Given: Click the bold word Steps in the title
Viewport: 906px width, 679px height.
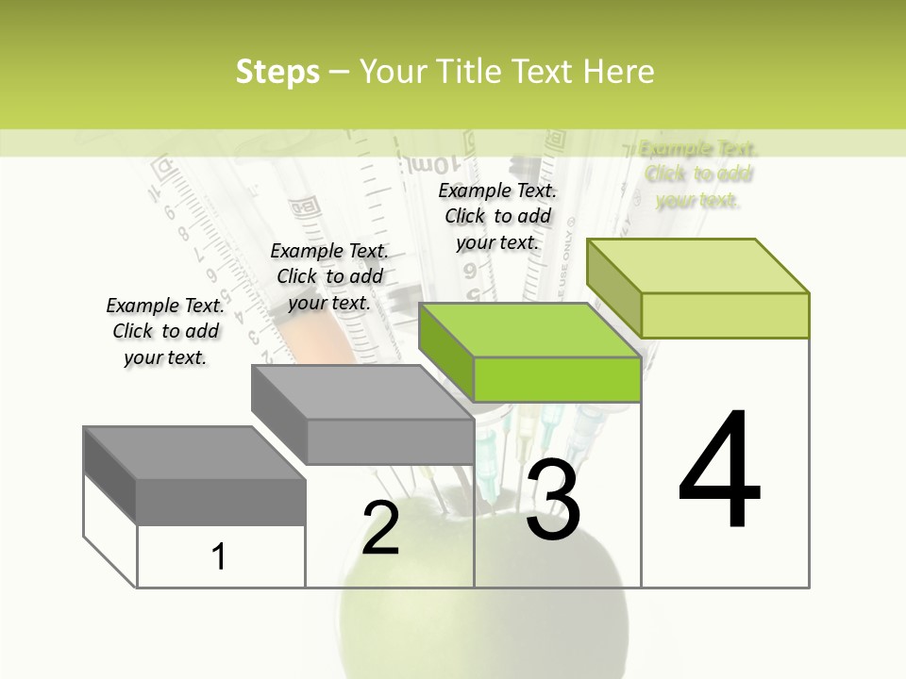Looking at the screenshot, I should (277, 72).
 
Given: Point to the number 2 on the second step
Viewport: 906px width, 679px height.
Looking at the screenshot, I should (380, 528).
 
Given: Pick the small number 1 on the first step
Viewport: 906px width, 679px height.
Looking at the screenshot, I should (219, 556).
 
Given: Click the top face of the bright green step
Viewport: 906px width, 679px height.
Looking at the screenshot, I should (528, 331).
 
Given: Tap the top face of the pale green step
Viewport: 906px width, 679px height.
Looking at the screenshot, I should (697, 266).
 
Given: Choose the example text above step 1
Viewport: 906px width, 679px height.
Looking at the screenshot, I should (165, 331).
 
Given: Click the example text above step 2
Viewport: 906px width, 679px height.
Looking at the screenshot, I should (329, 276).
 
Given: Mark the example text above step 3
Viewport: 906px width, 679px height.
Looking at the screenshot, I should (497, 216).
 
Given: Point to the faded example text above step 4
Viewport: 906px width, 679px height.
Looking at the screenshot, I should (697, 174).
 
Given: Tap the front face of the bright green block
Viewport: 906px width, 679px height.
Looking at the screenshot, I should (557, 380).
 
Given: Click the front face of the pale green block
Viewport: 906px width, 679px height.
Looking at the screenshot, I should (725, 315).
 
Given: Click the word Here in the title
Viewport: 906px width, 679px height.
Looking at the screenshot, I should (619, 72).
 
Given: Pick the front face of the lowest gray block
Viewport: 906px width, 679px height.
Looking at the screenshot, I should (221, 502).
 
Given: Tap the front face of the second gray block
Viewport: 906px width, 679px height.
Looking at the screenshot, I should (390, 441).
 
